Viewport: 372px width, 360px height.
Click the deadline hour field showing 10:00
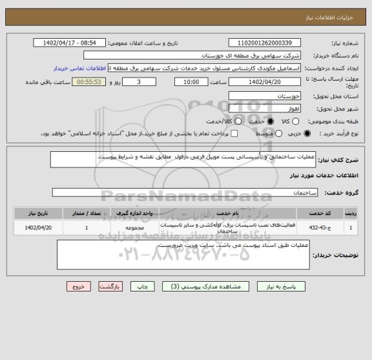(191, 82)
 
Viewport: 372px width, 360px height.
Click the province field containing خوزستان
(265, 95)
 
